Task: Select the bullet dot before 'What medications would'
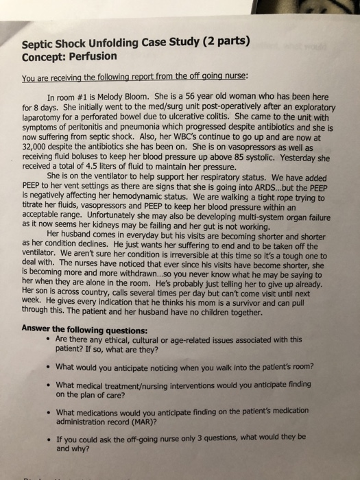pos(46,413)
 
